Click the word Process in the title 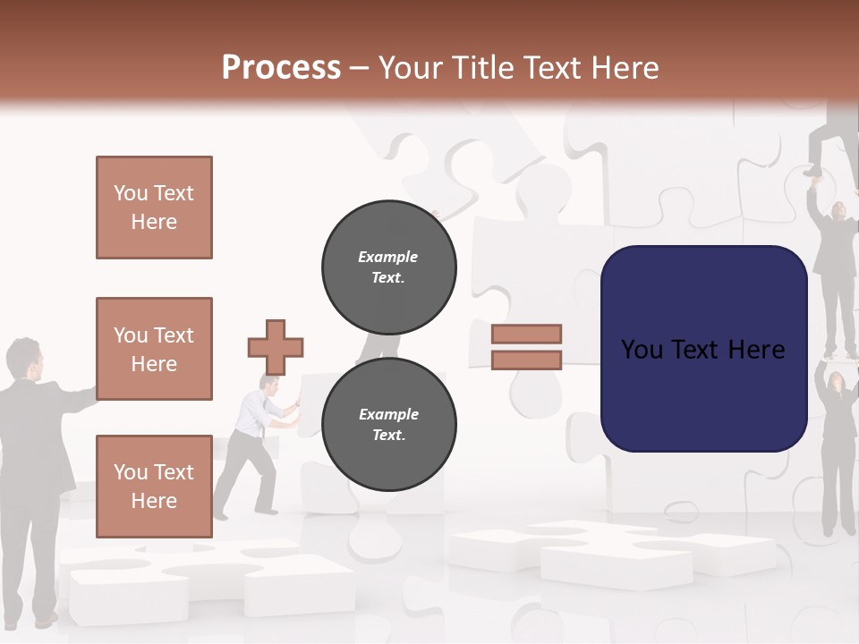[281, 68]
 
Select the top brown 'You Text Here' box [154, 208]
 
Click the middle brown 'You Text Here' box [154, 349]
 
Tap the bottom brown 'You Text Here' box [154, 486]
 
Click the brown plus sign [276, 347]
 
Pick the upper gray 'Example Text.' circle [388, 267]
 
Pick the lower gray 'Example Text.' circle [388, 424]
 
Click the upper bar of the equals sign [527, 334]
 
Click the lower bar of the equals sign [527, 360]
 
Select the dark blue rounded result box [703, 348]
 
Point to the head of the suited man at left [23, 358]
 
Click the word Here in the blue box [756, 349]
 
